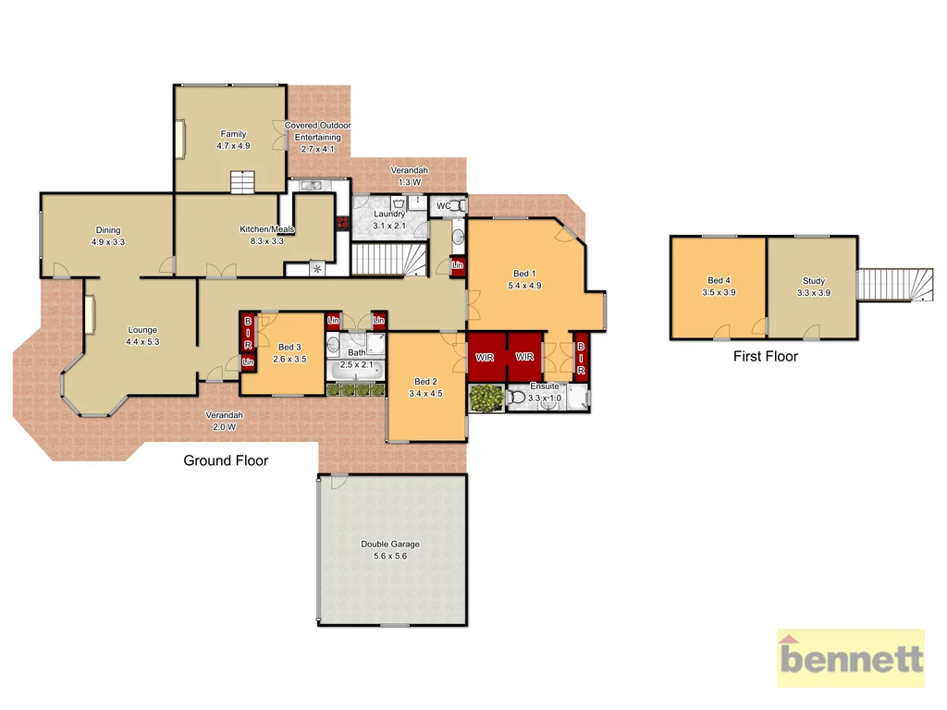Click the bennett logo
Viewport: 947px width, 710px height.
point(850,658)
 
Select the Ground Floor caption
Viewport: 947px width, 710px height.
point(226,460)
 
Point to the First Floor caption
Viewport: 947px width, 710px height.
point(765,356)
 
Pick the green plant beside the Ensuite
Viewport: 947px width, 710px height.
point(485,398)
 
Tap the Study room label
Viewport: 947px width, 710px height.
point(813,281)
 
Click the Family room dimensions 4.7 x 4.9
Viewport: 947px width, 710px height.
point(233,146)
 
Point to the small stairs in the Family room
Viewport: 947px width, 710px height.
point(241,183)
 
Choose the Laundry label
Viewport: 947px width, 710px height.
point(389,214)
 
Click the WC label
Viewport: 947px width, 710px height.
point(443,205)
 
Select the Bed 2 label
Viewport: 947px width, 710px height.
point(425,382)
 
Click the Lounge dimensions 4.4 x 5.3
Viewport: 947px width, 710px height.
point(142,341)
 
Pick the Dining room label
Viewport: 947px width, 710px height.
point(108,230)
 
